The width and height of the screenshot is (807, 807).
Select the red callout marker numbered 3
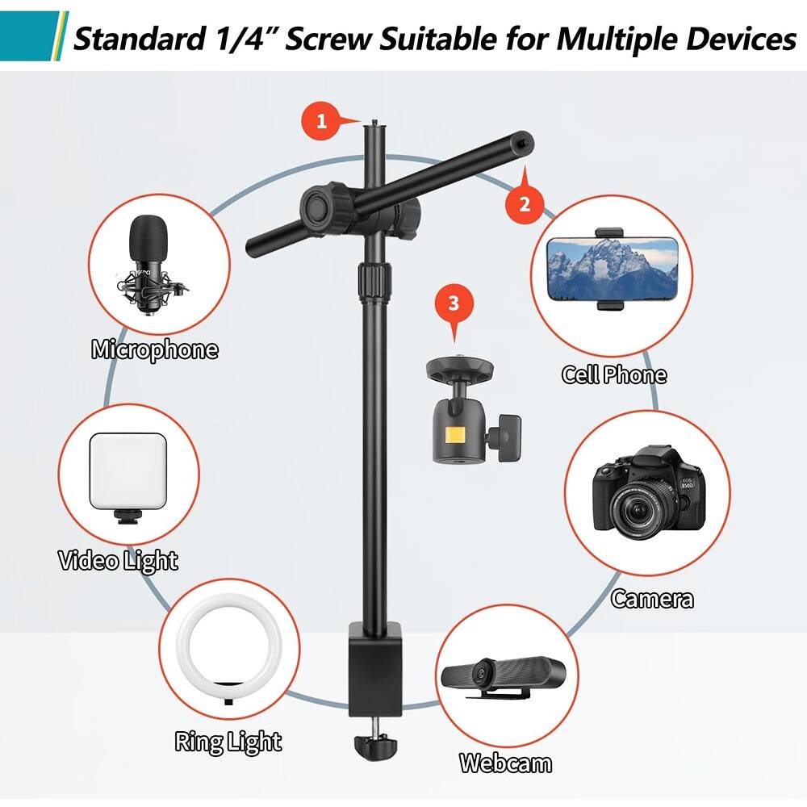(453, 303)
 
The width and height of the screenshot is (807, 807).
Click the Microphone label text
(155, 350)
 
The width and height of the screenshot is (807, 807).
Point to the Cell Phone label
(614, 374)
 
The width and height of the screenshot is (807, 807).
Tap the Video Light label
(118, 560)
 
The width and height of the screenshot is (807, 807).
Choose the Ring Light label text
(228, 742)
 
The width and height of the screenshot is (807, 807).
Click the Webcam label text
(506, 763)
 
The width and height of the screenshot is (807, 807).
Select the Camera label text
(652, 599)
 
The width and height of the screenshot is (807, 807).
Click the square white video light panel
(129, 473)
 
